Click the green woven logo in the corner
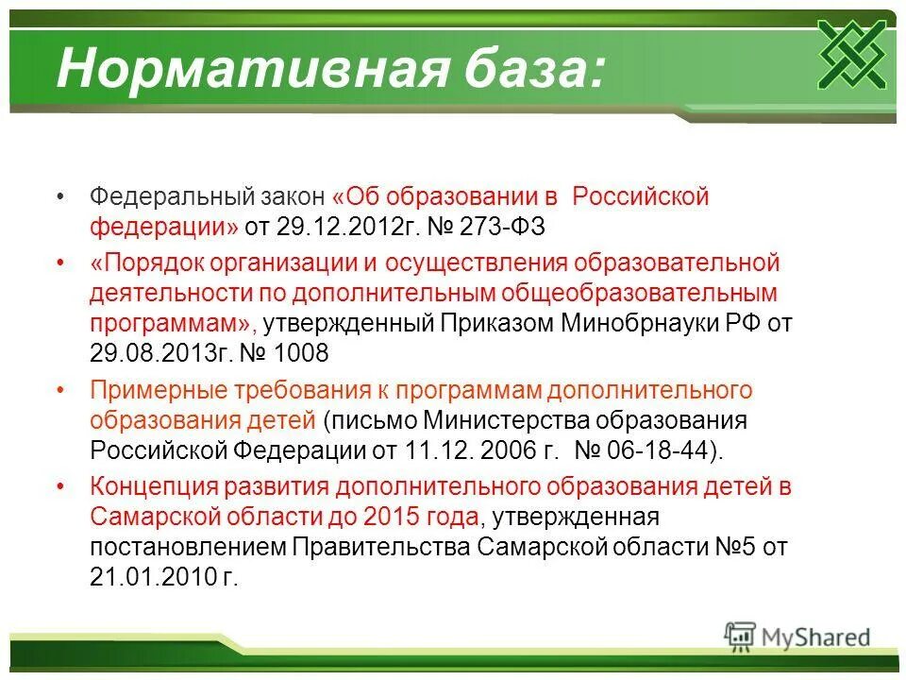[851, 54]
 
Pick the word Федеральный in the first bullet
[171, 197]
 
